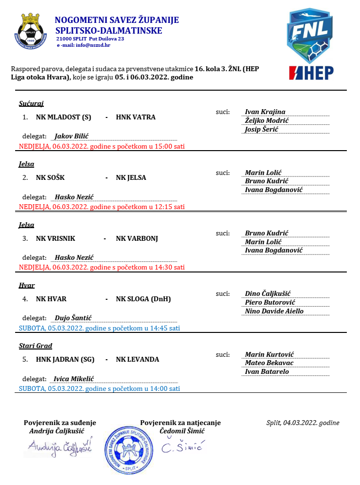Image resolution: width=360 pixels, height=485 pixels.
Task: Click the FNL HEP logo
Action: [311, 44]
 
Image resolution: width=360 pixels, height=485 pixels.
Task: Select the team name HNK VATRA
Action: [136, 117]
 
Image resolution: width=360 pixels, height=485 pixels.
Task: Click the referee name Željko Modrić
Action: [267, 121]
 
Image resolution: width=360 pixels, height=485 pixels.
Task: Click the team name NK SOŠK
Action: [50, 178]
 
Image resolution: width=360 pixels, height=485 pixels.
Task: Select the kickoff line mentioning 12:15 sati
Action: [101, 207]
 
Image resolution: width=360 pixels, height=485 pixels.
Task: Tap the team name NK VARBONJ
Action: [137, 239]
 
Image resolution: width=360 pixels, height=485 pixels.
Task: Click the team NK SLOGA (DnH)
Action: [143, 299]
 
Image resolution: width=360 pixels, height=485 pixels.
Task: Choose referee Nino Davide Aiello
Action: [274, 311]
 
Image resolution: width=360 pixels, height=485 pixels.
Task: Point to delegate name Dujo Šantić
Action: [73, 318]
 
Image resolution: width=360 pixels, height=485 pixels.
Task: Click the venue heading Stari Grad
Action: [35, 346]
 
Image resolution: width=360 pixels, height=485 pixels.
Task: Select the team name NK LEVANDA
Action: [138, 360]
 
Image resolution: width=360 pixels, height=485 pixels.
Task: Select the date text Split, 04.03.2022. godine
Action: [303, 423]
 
